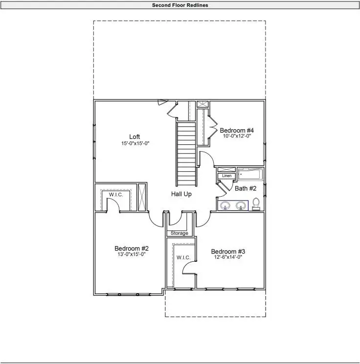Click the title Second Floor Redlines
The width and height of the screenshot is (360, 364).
pyautogui.click(x=180, y=5)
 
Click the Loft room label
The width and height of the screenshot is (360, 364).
pyautogui.click(x=135, y=136)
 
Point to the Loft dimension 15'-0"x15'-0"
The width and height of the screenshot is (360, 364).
pyautogui.click(x=135, y=143)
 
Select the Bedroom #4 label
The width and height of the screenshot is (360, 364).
pyautogui.click(x=237, y=130)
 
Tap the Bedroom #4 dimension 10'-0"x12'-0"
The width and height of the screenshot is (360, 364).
pyautogui.click(x=237, y=136)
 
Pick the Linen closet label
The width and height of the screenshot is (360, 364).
pyautogui.click(x=226, y=176)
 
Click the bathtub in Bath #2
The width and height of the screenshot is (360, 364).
pyautogui.click(x=250, y=174)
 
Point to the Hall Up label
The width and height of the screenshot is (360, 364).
pyautogui.click(x=181, y=194)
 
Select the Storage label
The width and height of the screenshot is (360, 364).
pyautogui.click(x=180, y=233)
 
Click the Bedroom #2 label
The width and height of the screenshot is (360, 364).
pyautogui.click(x=131, y=248)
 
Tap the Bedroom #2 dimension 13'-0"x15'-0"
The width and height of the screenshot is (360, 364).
pyautogui.click(x=131, y=254)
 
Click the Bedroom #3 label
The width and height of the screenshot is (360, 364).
pyautogui.click(x=227, y=250)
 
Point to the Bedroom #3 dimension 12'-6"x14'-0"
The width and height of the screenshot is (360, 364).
pyautogui.click(x=227, y=257)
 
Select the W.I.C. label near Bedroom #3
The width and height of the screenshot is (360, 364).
pyautogui.click(x=183, y=257)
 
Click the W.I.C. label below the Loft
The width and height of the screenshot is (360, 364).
pyautogui.click(x=116, y=195)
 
